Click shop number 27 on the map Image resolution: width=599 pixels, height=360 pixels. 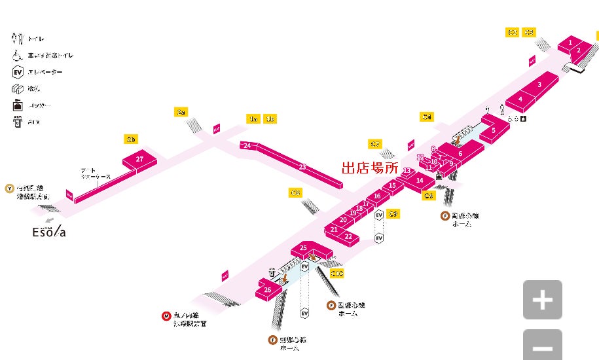[139, 159]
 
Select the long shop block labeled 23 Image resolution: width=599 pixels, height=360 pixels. [302, 168]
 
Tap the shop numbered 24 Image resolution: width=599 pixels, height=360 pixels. [247, 145]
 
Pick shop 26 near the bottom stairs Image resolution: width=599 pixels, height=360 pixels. [267, 289]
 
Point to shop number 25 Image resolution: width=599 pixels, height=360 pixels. [304, 248]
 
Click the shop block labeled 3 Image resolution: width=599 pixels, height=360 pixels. [539, 84]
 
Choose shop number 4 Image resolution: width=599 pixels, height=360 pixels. [520, 99]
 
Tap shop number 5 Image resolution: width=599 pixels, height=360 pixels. [493, 130]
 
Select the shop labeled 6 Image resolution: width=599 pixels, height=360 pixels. [460, 153]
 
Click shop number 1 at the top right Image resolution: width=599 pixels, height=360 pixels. [571, 43]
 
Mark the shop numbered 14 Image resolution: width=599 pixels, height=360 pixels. [420, 181]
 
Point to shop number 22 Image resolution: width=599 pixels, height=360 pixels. [348, 236]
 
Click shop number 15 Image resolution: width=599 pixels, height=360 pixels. [392, 186]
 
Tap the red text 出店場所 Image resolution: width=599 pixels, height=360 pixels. [369, 168]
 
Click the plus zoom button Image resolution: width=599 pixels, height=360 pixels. [542, 300]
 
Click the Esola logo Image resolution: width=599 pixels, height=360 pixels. [49, 232]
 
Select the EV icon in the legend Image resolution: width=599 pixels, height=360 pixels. [18, 72]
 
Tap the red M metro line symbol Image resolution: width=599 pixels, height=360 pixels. [166, 317]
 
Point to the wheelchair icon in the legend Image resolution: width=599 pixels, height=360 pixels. [18, 56]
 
